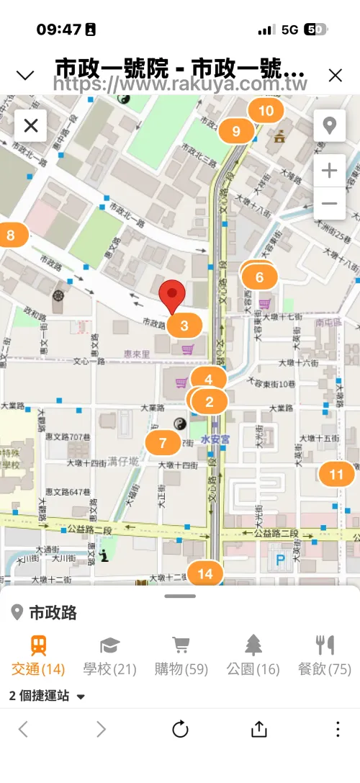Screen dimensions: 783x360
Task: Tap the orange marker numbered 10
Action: point(266,111)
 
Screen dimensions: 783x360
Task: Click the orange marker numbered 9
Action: point(236,131)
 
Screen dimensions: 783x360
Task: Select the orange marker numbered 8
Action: point(11,235)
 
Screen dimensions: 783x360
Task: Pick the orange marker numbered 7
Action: point(163,442)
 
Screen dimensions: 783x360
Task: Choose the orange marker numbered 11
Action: point(336,475)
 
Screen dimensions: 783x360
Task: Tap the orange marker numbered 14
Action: point(206,573)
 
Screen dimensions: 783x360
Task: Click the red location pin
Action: point(172,295)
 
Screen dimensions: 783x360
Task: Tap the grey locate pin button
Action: point(330,126)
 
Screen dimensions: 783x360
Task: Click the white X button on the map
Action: point(31,126)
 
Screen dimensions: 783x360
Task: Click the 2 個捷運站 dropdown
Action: point(48,697)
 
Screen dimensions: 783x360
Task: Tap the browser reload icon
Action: point(180,730)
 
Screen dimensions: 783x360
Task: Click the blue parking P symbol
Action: point(280,559)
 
